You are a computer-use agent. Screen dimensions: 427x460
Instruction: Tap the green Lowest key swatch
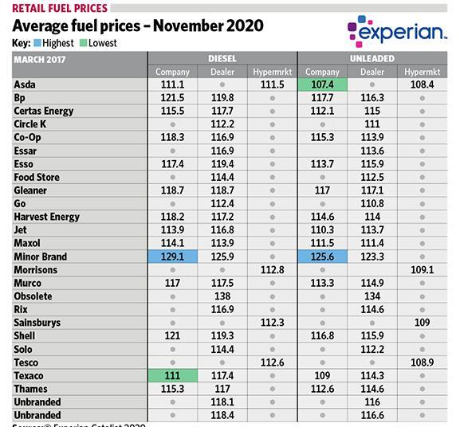pos(85,42)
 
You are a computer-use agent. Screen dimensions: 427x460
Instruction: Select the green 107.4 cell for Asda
pos(322,84)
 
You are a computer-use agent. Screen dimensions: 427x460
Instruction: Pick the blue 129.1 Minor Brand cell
pos(172,257)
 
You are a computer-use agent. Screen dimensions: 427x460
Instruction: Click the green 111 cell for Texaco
pos(172,376)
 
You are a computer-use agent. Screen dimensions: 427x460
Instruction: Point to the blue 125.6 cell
pos(322,257)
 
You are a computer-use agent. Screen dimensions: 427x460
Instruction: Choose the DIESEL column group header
pos(222,59)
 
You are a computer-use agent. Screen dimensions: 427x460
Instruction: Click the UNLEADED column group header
pos(372,59)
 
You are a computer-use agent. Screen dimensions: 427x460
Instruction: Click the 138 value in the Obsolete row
pos(222,296)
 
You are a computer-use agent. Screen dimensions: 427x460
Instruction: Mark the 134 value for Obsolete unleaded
pos(372,296)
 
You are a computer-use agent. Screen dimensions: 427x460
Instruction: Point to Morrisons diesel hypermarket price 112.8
pos(272,270)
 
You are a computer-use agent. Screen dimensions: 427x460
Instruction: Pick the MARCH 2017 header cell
pos(39,59)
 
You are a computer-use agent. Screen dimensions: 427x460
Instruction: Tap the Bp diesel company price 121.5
pos(172,97)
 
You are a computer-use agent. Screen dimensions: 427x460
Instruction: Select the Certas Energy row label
pos(44,111)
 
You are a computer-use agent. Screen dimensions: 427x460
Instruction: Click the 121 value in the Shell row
pos(172,336)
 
